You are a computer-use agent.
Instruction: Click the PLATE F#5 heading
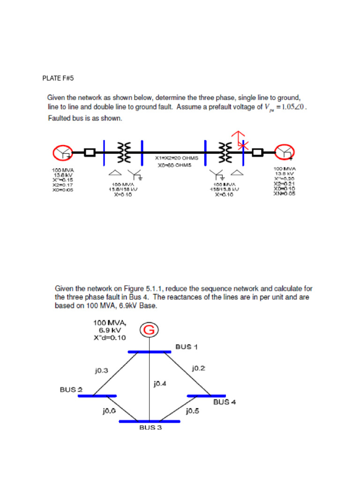click(x=59, y=78)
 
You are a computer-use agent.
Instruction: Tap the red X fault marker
click(x=242, y=145)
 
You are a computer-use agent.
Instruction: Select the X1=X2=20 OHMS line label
click(x=173, y=158)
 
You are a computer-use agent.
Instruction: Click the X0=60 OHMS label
click(x=173, y=165)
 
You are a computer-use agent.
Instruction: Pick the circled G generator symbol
click(x=149, y=330)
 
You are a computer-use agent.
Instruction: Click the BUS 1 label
click(x=187, y=347)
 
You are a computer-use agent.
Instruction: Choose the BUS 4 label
click(x=225, y=402)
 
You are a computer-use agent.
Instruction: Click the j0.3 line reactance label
click(x=101, y=370)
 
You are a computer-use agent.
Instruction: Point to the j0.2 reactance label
click(x=199, y=368)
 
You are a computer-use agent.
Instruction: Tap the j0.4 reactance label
click(x=160, y=384)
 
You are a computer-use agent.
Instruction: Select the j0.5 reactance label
click(x=193, y=411)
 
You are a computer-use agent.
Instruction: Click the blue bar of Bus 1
click(x=150, y=352)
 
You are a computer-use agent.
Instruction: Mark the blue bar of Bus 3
click(x=149, y=421)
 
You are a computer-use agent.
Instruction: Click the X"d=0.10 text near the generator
click(x=110, y=338)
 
